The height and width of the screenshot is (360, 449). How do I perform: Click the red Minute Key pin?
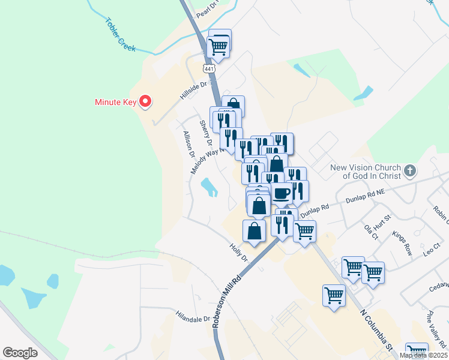click(x=145, y=101)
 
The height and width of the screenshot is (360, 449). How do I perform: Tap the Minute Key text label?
click(x=116, y=102)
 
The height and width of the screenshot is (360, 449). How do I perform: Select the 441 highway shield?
click(x=209, y=69)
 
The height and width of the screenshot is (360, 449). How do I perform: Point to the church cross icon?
click(x=410, y=170)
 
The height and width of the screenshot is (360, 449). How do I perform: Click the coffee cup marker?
click(x=282, y=194)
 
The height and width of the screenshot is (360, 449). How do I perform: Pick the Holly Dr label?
click(x=239, y=251)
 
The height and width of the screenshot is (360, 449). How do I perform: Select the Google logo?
click(x=20, y=352)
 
